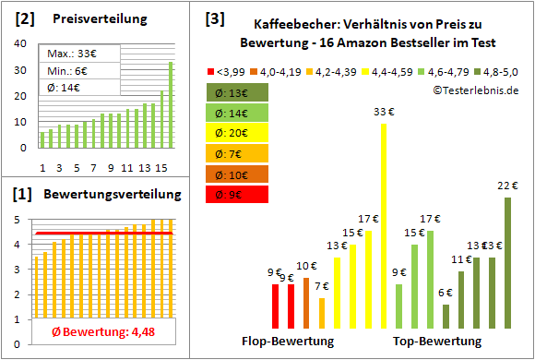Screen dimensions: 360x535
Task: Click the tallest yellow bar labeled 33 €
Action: [x=384, y=226]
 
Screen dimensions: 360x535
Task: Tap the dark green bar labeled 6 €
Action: [x=446, y=317]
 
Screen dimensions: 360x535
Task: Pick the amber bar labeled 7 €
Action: [x=321, y=313]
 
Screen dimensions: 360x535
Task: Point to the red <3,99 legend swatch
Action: [x=210, y=70]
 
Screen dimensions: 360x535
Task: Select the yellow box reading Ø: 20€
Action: [x=237, y=133]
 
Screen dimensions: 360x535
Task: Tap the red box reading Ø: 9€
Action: [x=237, y=194]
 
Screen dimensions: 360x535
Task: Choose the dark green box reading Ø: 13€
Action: [x=237, y=92]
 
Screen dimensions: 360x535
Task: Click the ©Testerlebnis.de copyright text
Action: [x=474, y=90]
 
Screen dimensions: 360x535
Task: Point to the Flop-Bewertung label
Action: [x=287, y=342]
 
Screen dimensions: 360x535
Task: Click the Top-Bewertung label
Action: [x=437, y=342]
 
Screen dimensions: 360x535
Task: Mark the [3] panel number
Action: [x=214, y=18]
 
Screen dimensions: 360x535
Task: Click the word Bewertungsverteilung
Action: [x=113, y=196]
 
